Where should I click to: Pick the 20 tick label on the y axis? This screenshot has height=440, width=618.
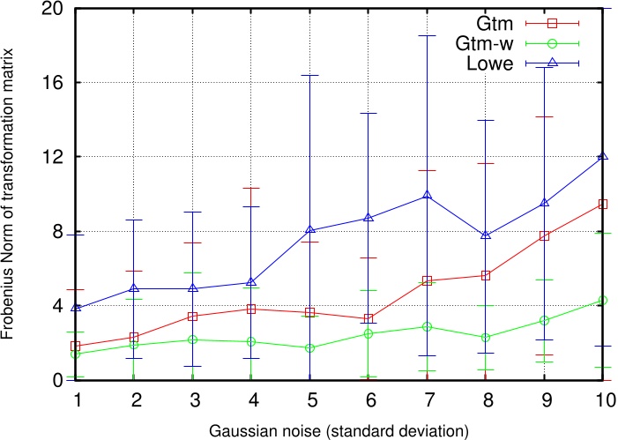(53, 9)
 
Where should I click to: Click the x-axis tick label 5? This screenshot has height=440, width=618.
(309, 399)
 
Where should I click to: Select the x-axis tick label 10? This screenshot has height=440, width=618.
(603, 399)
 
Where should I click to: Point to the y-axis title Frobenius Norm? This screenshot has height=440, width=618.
(12, 194)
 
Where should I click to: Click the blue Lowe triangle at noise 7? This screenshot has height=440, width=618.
(427, 195)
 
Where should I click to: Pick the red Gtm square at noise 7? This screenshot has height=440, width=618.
(427, 280)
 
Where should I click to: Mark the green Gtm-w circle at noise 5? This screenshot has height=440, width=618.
(309, 347)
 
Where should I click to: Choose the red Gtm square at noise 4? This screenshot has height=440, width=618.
(251, 309)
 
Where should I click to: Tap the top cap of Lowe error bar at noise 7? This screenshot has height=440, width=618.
(427, 35)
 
